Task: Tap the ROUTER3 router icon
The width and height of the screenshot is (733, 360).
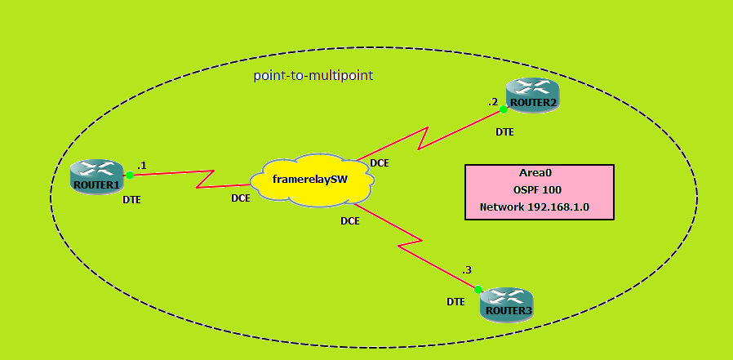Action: [506, 304]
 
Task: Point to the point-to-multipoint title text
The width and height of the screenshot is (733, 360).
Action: [313, 75]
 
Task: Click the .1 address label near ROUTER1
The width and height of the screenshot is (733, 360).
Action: [141, 165]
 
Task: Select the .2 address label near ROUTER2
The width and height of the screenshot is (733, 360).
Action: [493, 102]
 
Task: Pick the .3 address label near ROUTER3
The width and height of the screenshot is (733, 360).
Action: [467, 269]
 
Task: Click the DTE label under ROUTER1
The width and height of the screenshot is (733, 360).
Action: [132, 199]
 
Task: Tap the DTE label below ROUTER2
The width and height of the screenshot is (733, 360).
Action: [504, 131]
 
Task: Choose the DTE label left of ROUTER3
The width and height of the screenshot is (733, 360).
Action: [455, 301]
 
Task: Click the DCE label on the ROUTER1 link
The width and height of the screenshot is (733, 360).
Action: [240, 198]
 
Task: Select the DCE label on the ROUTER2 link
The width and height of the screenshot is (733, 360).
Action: [380, 162]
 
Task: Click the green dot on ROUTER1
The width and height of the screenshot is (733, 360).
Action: [129, 175]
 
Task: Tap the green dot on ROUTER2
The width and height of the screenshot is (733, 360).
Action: [504, 109]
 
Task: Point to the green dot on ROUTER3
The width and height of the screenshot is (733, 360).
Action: [479, 289]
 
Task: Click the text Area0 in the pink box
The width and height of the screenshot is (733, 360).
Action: [538, 173]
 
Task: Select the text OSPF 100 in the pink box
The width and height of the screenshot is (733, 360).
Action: [538, 189]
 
